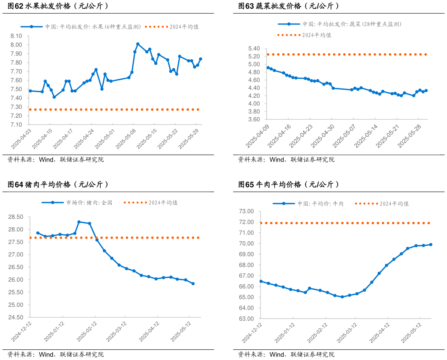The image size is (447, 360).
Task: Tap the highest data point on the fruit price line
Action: (138, 44)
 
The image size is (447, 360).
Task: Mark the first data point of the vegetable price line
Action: (268, 68)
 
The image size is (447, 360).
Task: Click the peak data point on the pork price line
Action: (79, 222)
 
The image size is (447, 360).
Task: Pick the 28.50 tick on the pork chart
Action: (16, 217)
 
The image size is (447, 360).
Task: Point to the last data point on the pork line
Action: (193, 283)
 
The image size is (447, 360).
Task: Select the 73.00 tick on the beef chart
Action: (247, 211)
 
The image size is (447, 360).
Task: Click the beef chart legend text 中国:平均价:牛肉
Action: (320, 203)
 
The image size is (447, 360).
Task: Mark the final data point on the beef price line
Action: (430, 245)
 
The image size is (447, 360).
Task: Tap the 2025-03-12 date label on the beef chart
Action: (347, 333)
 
